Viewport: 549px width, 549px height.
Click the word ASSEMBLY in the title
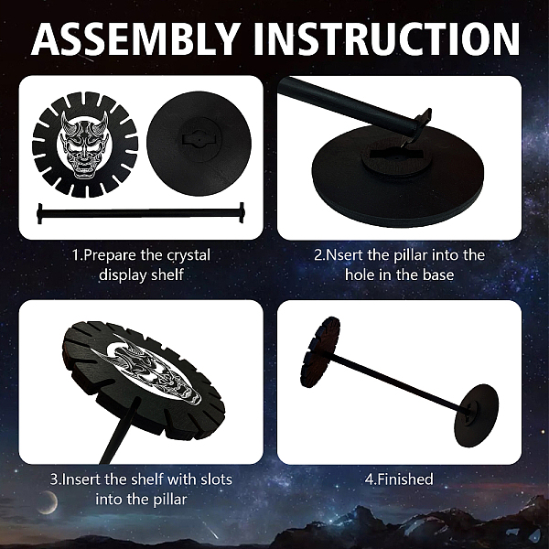click(135, 38)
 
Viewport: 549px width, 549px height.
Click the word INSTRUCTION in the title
click(386, 38)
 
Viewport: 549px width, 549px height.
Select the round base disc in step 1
click(199, 144)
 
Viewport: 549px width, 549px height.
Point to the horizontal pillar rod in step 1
click(141, 213)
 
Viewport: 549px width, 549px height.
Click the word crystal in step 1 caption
click(188, 255)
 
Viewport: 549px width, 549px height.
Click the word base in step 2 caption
click(438, 274)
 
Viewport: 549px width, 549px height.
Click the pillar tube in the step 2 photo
click(353, 106)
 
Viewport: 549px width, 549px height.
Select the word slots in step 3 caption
click(216, 479)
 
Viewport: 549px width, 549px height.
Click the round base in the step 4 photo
click(476, 415)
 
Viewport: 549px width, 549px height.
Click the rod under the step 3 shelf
click(118, 433)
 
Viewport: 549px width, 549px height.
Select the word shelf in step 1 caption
click(167, 274)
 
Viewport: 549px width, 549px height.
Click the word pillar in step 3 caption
click(170, 500)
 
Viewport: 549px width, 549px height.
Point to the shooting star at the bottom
click(212, 532)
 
